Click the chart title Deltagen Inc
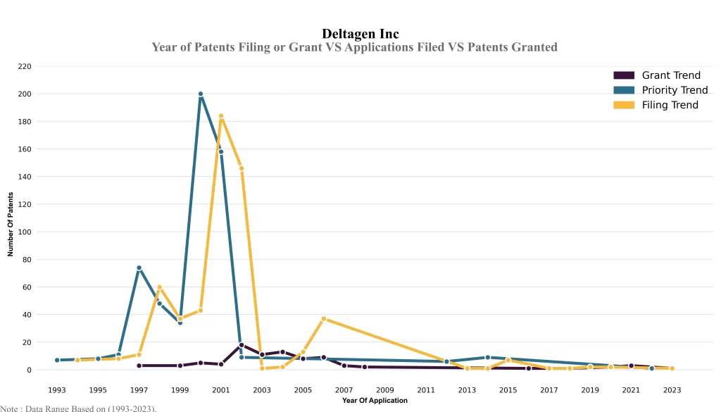(x=360, y=34)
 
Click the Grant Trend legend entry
(x=670, y=75)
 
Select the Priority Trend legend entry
(x=675, y=90)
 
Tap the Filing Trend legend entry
(x=670, y=105)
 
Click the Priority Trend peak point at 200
(x=201, y=94)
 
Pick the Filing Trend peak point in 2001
(x=221, y=116)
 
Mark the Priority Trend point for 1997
(x=139, y=268)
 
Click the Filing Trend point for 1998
(x=160, y=287)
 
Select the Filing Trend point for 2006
(x=324, y=319)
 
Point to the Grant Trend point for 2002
(x=242, y=345)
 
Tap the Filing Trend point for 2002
(x=242, y=168)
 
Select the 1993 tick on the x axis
(x=57, y=389)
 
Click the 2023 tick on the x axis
(x=672, y=389)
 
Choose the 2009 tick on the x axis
(x=385, y=389)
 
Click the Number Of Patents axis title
(x=11, y=224)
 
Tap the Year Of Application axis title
(x=375, y=401)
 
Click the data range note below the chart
(x=78, y=408)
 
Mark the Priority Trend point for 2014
(x=488, y=357)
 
